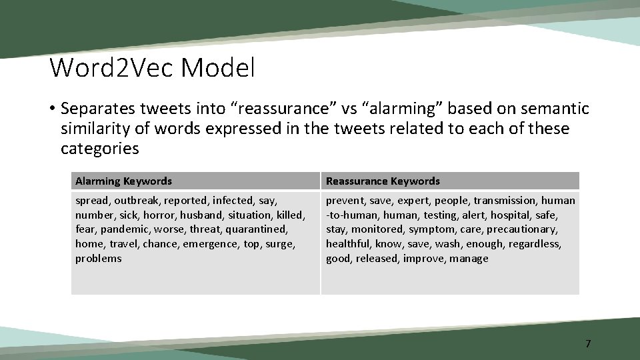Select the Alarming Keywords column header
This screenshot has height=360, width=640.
[x=123, y=181]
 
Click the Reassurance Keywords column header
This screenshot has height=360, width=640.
[x=383, y=181]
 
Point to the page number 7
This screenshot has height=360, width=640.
[x=587, y=344]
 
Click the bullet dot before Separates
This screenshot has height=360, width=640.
[x=51, y=109]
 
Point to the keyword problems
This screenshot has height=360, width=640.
[x=98, y=259]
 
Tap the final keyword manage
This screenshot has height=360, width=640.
[x=469, y=259]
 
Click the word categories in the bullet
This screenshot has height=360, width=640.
[x=100, y=149]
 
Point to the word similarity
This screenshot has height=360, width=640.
[x=96, y=129]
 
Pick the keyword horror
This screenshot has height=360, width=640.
[x=157, y=215]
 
